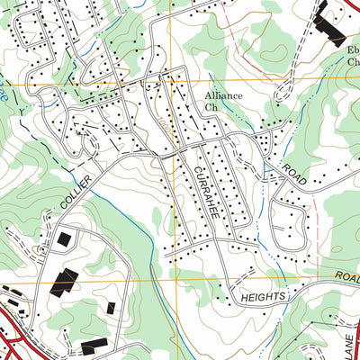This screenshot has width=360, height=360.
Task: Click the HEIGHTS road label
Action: pyautogui.click(x=263, y=295)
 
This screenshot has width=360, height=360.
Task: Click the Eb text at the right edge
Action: pyautogui.click(x=353, y=50)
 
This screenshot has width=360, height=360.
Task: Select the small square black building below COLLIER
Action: pyautogui.click(x=64, y=240)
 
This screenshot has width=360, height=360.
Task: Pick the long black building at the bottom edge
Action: pyautogui.click(x=94, y=346)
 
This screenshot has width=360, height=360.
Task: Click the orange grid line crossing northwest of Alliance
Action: pyautogui.click(x=167, y=83)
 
